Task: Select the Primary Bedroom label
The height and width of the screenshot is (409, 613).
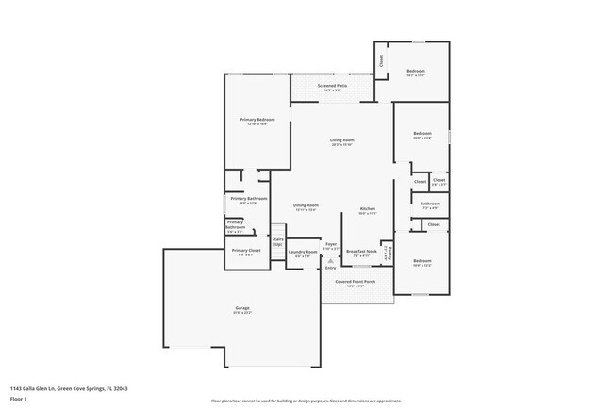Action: pyautogui.click(x=257, y=121)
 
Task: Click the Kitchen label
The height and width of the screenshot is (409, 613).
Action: pyautogui.click(x=368, y=209)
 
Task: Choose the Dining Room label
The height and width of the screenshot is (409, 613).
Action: pyautogui.click(x=306, y=206)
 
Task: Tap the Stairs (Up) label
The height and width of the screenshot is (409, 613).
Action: pyautogui.click(x=277, y=241)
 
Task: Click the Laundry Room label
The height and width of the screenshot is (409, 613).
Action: pyautogui.click(x=302, y=253)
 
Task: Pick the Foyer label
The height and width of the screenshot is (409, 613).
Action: pyautogui.click(x=331, y=245)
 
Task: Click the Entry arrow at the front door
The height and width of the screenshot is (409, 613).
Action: pyautogui.click(x=330, y=267)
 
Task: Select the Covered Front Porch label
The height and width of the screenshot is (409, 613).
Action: pyautogui.click(x=356, y=282)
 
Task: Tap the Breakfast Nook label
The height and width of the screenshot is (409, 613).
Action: pyautogui.click(x=361, y=252)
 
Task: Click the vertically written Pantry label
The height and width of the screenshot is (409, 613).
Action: pyautogui.click(x=389, y=251)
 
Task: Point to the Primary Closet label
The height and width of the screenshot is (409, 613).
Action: pyautogui.click(x=245, y=252)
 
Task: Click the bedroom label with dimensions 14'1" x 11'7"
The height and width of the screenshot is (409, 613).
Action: pyautogui.click(x=416, y=73)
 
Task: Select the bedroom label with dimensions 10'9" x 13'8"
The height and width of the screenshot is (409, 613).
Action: pyautogui.click(x=422, y=135)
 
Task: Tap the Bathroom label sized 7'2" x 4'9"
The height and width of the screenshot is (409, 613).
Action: pyautogui.click(x=430, y=204)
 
